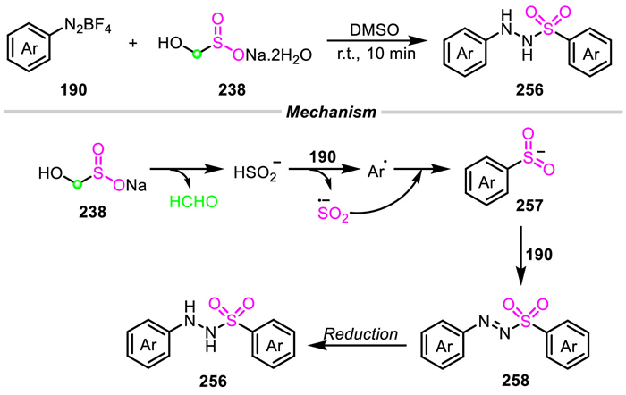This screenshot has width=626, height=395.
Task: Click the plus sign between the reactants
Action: pyautogui.click(x=132, y=44)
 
